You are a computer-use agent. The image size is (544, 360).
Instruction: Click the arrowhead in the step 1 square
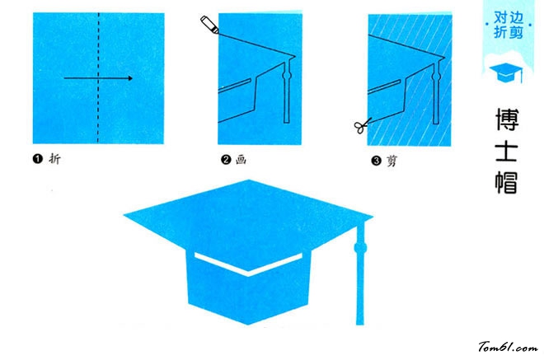coord(130,78)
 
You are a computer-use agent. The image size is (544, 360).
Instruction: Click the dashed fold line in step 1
coord(98,78)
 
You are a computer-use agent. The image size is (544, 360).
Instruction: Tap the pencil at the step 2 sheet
coord(209,25)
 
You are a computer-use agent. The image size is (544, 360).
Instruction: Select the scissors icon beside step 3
coord(362,125)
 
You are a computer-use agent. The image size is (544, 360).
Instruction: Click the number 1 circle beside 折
coord(37,159)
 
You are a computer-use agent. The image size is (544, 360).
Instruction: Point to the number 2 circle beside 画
coord(226,160)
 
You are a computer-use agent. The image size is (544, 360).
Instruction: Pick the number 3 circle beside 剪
coord(376,161)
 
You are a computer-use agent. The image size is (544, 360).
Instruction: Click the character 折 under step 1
coord(55,159)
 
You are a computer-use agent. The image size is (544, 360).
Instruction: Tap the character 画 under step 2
coord(242,160)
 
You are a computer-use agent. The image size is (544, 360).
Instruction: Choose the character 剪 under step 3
coord(392,161)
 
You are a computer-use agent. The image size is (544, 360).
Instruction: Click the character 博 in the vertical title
coord(507,119)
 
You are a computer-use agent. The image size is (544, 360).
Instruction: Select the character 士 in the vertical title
coord(507,152)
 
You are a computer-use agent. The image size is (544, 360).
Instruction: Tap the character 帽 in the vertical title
coord(507,182)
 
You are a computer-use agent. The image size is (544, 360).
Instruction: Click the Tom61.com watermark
coord(508,347)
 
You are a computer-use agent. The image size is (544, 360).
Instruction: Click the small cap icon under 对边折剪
coord(506,72)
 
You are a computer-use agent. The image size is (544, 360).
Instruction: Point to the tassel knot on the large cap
coord(360,248)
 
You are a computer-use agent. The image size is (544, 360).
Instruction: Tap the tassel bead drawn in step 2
coord(287,75)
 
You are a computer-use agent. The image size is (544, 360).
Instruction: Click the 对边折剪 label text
coord(509,25)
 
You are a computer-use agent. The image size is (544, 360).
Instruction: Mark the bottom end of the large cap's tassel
coord(360,325)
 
